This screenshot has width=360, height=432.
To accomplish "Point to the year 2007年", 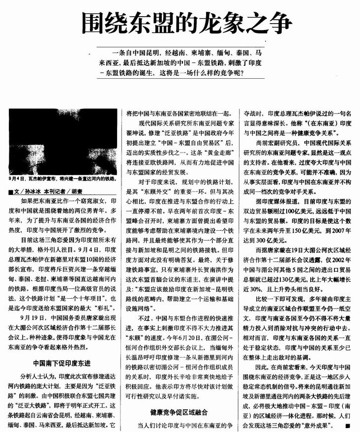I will coord(338,230).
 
